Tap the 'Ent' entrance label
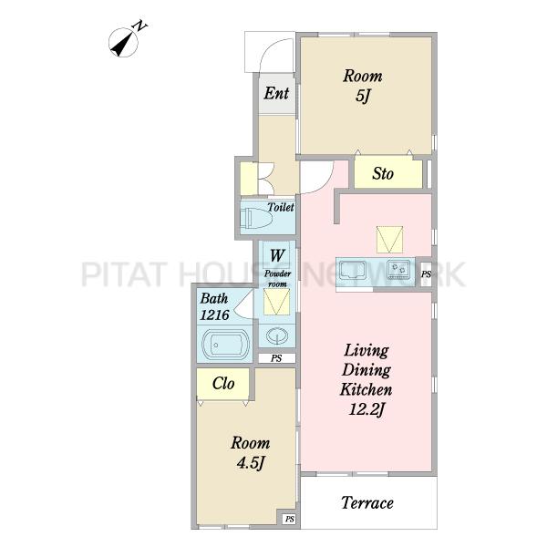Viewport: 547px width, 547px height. (x=276, y=93)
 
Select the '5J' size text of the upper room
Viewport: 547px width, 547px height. (x=363, y=97)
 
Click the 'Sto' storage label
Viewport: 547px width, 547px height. (x=383, y=174)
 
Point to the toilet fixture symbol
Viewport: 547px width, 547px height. (x=256, y=219)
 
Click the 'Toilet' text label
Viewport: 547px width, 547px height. (x=281, y=207)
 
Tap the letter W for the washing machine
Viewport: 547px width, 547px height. (x=277, y=255)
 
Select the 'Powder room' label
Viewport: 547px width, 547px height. (x=277, y=279)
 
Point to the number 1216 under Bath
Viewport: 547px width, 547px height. (x=214, y=315)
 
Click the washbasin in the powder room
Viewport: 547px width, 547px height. (x=277, y=336)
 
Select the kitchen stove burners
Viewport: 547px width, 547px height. (x=399, y=270)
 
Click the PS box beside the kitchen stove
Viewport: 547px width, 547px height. (x=425, y=274)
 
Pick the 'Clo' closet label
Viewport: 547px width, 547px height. (x=223, y=384)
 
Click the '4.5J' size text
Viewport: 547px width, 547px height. (x=251, y=463)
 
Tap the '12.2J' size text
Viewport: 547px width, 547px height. (x=366, y=408)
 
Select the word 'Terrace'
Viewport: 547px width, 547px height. (x=367, y=503)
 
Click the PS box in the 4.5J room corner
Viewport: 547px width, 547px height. (x=290, y=519)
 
